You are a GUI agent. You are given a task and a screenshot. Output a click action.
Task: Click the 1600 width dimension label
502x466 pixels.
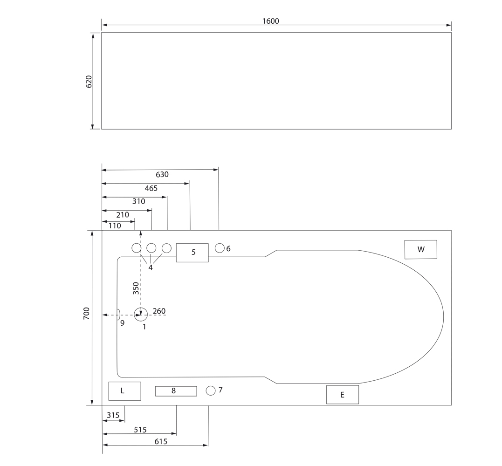(x=270, y=21)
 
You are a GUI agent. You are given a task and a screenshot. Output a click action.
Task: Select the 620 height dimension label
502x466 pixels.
(x=89, y=82)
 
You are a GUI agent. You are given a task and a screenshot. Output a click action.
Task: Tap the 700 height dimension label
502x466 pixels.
(x=86, y=313)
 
